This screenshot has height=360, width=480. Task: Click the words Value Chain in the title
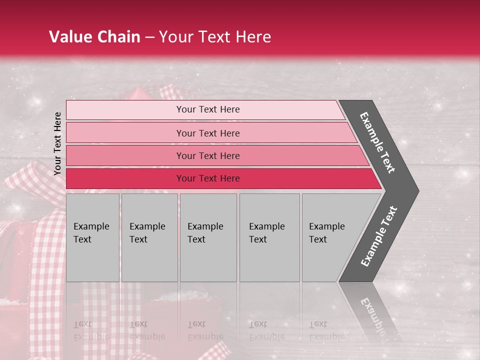(94, 37)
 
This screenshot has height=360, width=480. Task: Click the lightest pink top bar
(125, 110)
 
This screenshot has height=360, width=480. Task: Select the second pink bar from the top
(125, 133)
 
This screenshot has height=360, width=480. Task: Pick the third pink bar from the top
(125, 156)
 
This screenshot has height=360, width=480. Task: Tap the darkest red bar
(125, 178)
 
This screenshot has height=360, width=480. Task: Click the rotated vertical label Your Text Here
(57, 143)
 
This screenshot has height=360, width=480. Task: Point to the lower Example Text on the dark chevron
(379, 236)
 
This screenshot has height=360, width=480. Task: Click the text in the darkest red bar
(208, 178)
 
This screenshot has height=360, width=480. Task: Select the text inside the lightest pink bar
(208, 109)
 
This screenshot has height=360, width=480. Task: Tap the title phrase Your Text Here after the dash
(215, 37)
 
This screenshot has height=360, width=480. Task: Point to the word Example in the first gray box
(91, 226)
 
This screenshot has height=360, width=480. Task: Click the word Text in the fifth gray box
(318, 239)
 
